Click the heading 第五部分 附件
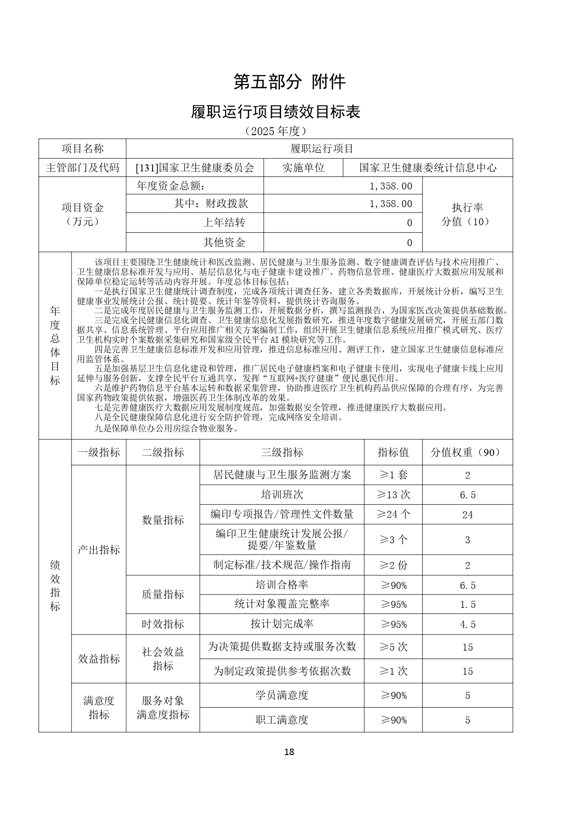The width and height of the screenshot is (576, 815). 289,82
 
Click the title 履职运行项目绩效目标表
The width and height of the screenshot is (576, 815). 276,111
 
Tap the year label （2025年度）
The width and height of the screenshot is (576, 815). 276,131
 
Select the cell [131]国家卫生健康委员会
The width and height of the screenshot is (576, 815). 195,168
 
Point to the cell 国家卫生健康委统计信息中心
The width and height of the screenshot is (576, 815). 427,168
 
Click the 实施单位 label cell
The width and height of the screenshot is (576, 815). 303,168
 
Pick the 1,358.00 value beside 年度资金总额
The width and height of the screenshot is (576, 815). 391,186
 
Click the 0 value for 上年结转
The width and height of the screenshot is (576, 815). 409,223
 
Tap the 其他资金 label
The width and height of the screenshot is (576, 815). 224,242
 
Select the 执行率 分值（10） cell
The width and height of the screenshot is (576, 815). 467,215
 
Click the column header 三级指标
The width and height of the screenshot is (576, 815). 282,452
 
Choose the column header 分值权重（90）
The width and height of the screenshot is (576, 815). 467,452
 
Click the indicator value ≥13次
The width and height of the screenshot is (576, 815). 393,495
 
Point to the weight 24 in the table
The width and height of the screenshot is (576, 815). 467,515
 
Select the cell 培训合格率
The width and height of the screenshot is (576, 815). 282,585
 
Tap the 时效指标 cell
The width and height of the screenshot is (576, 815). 163,624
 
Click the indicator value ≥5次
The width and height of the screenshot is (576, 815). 393,647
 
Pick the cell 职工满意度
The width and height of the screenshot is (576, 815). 282,720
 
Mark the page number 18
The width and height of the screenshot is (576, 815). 289,752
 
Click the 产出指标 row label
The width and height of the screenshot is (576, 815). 99,550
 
